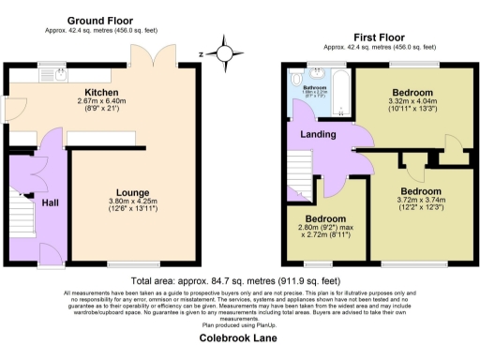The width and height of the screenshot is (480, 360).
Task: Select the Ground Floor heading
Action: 100,20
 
